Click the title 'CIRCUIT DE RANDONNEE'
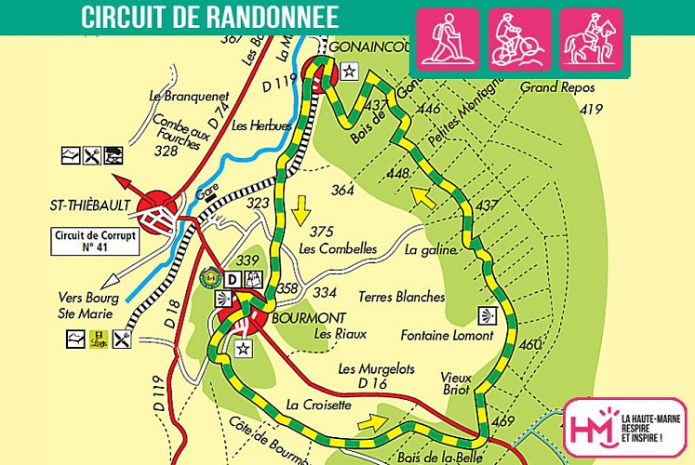pyautogui.click(x=209, y=17)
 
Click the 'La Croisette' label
pyautogui.click(x=319, y=405)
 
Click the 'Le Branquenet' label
pyautogui.click(x=188, y=96)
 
